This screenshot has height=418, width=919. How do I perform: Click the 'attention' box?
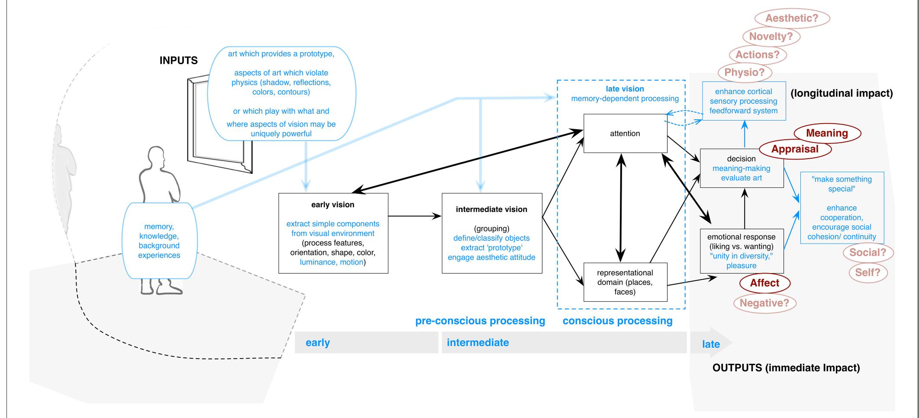[625, 134]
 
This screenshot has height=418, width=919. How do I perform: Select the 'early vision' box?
[333, 233]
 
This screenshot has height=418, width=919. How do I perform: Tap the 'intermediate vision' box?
[492, 233]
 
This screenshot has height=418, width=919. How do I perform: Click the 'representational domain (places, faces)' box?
[625, 282]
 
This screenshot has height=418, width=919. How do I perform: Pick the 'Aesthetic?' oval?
[792, 18]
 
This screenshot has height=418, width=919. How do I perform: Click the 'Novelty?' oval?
[771, 36]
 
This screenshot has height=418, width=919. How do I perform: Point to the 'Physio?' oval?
[744, 72]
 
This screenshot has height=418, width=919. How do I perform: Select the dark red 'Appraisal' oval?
[795, 149]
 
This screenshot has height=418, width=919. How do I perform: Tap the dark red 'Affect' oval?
[764, 283]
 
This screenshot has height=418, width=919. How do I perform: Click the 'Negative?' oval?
[764, 303]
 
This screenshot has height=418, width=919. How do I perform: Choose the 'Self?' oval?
[867, 272]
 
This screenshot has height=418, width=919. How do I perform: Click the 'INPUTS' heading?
[178, 61]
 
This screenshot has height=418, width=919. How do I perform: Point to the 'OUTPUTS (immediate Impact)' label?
[786, 368]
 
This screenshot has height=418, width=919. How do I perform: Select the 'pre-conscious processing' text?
[480, 321]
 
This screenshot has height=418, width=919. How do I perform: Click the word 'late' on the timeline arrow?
[711, 344]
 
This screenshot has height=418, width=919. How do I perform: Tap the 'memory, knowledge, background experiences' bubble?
[159, 241]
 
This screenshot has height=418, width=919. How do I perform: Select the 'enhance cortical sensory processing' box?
[743, 101]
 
